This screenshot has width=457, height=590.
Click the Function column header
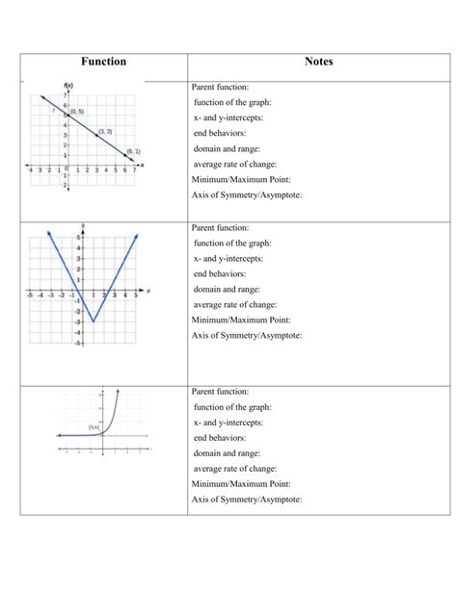coord(103,62)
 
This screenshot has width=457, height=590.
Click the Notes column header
coord(318,62)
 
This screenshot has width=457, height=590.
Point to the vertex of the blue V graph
coord(93,321)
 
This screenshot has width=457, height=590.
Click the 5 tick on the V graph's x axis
coord(136,295)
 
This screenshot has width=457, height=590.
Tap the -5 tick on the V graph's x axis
coord(31,295)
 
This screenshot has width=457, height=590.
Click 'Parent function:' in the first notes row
coord(221,87)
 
